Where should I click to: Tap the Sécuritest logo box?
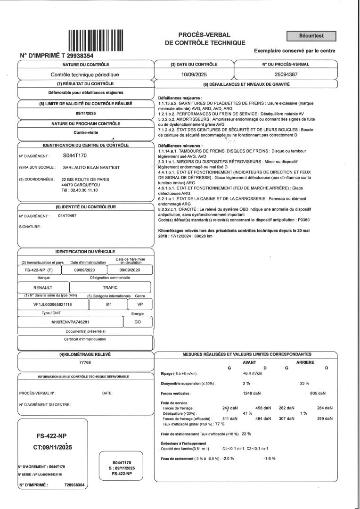pyautogui.click(x=311, y=36)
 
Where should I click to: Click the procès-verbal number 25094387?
pyautogui.click(x=286, y=74)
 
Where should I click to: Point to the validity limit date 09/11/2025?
pyautogui.click(x=85, y=113)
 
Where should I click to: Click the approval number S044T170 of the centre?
pyautogui.click(x=75, y=155)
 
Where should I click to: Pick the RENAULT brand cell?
pyautogui.click(x=43, y=287)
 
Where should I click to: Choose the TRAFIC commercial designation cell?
pyautogui.click(x=110, y=287)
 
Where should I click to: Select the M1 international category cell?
pyautogui.click(x=109, y=304)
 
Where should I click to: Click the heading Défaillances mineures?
pyautogui.click(x=181, y=146)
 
